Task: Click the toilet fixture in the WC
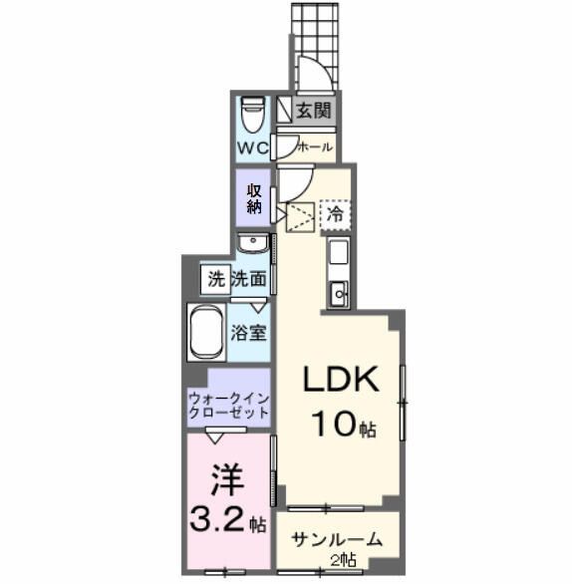pyautogui.click(x=253, y=115)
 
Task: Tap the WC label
pyautogui.click(x=253, y=148)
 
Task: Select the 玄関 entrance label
pyautogui.click(x=314, y=111)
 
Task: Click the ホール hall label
pyautogui.click(x=315, y=147)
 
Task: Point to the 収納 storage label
pyautogui.click(x=254, y=198)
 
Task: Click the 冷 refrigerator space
pyautogui.click(x=335, y=214)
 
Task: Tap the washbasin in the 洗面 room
pyautogui.click(x=253, y=243)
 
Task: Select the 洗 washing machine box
pyautogui.click(x=216, y=279)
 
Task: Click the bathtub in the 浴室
pyautogui.click(x=206, y=332)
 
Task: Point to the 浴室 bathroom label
pyautogui.click(x=248, y=333)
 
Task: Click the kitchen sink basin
pyautogui.click(x=339, y=294)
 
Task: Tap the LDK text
pyautogui.click(x=341, y=379)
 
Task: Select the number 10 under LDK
pyautogui.click(x=336, y=424)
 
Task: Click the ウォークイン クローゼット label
pyautogui.click(x=229, y=406)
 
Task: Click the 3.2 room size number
pyautogui.click(x=217, y=519)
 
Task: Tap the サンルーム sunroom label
pyautogui.click(x=337, y=540)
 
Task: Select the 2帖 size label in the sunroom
pyautogui.click(x=343, y=560)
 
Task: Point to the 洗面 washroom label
pyautogui.click(x=249, y=279)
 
